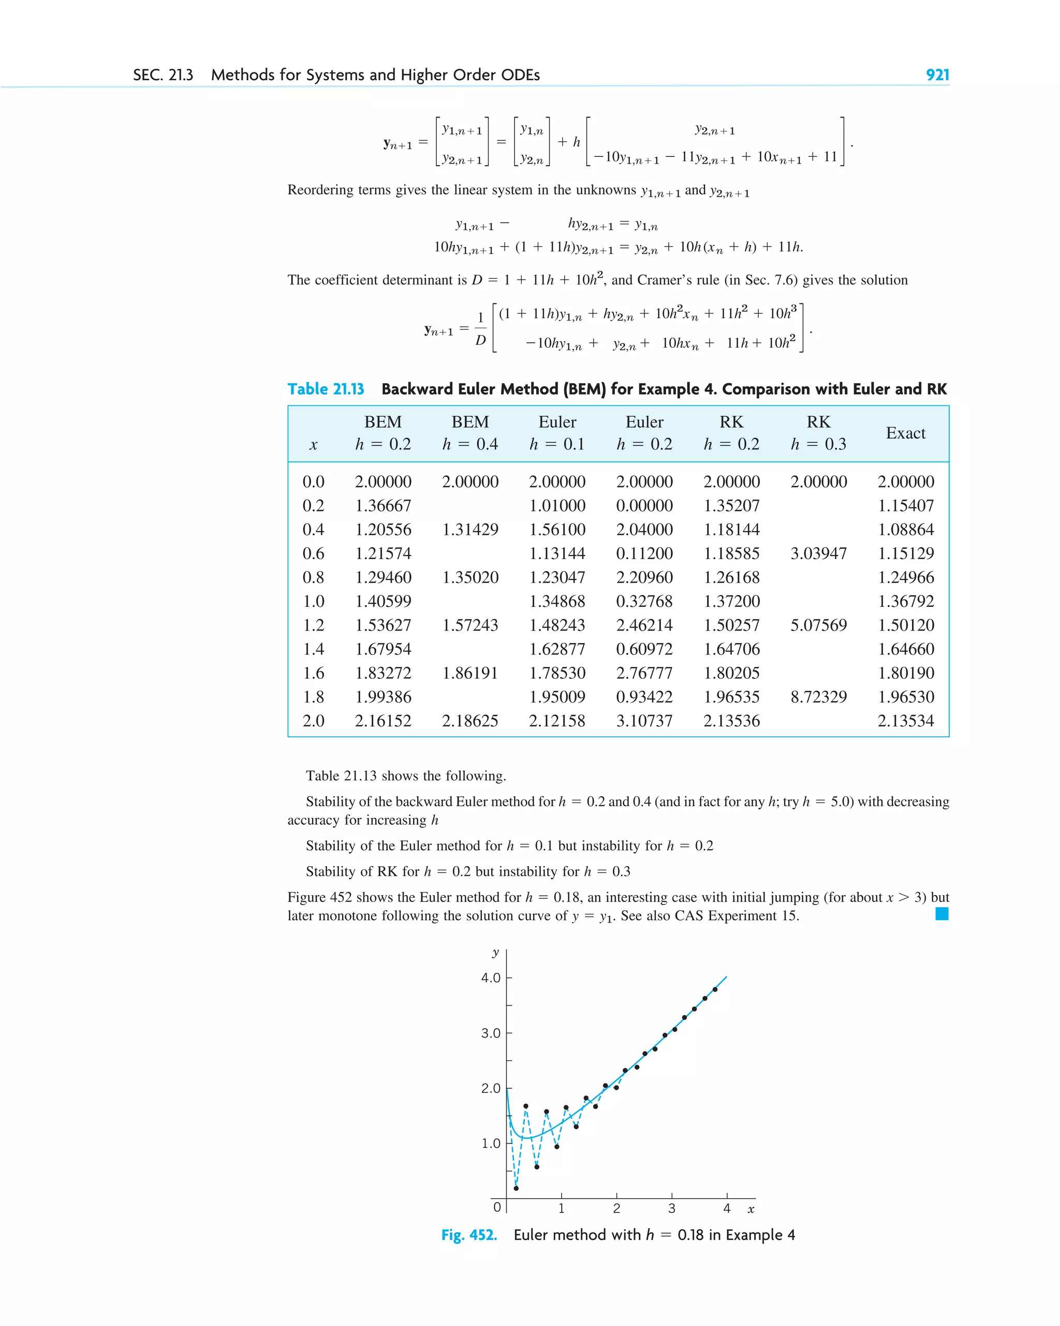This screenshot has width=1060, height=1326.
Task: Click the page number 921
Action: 937,75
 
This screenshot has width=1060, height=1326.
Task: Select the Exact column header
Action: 905,433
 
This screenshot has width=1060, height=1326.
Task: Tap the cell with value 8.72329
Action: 818,697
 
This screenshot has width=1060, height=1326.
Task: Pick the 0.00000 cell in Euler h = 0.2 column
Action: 644,505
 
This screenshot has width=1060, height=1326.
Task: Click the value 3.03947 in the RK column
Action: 818,553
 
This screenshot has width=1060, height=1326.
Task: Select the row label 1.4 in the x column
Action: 313,649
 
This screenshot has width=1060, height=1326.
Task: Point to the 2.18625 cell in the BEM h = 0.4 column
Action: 470,721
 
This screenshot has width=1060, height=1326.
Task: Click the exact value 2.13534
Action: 905,721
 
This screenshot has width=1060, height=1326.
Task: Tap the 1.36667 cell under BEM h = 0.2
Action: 382,505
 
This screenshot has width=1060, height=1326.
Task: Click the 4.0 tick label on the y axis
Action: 491,978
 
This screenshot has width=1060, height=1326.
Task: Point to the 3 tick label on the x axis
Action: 671,1208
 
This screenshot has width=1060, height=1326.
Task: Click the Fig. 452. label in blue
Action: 468,1235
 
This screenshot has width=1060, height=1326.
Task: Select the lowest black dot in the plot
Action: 516,1188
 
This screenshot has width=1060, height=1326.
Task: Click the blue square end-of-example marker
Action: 941,914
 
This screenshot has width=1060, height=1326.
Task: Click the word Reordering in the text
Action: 320,190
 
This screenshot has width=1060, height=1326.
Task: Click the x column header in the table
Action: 313,445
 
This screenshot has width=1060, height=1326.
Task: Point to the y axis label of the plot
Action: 495,953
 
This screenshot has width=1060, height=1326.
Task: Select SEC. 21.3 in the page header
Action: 163,75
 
